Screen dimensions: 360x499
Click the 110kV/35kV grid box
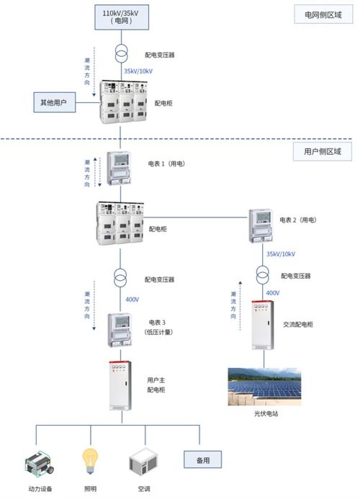122,17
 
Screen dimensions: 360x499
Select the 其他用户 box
55,102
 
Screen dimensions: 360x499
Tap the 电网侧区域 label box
323,14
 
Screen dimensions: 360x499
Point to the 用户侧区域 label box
322,151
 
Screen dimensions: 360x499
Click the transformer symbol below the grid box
121,53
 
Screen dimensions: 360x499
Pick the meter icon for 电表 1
119,168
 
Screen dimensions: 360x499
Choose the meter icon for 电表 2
261,225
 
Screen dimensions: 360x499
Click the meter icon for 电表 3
120,330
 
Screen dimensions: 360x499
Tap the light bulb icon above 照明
90,461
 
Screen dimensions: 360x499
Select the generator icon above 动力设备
40,464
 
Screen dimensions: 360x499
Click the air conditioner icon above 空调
143,462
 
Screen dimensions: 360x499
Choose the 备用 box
202,459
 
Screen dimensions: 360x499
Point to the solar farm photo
264,387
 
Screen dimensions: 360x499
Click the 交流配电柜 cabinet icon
263,325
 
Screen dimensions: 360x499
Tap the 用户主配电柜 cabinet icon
120,386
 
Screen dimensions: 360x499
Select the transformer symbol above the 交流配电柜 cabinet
263,275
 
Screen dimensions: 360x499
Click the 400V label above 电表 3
132,300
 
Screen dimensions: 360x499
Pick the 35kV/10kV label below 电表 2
281,254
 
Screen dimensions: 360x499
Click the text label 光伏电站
266,414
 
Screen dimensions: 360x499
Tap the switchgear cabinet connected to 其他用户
124,102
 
